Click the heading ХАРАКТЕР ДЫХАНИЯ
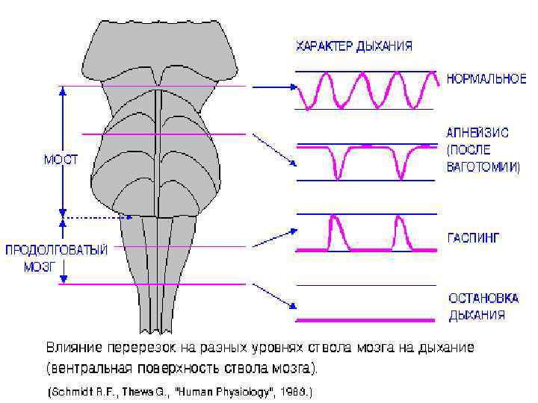click(x=354, y=46)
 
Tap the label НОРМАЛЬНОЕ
click(x=486, y=78)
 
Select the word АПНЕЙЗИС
click(x=477, y=133)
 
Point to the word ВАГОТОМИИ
click(x=483, y=168)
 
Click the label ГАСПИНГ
click(x=473, y=238)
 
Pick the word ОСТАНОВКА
click(x=483, y=298)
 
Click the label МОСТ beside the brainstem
click(x=61, y=159)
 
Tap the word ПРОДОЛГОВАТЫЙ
click(x=57, y=250)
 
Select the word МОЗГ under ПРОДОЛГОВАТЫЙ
click(x=40, y=266)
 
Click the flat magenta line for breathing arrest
click(x=365, y=320)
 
